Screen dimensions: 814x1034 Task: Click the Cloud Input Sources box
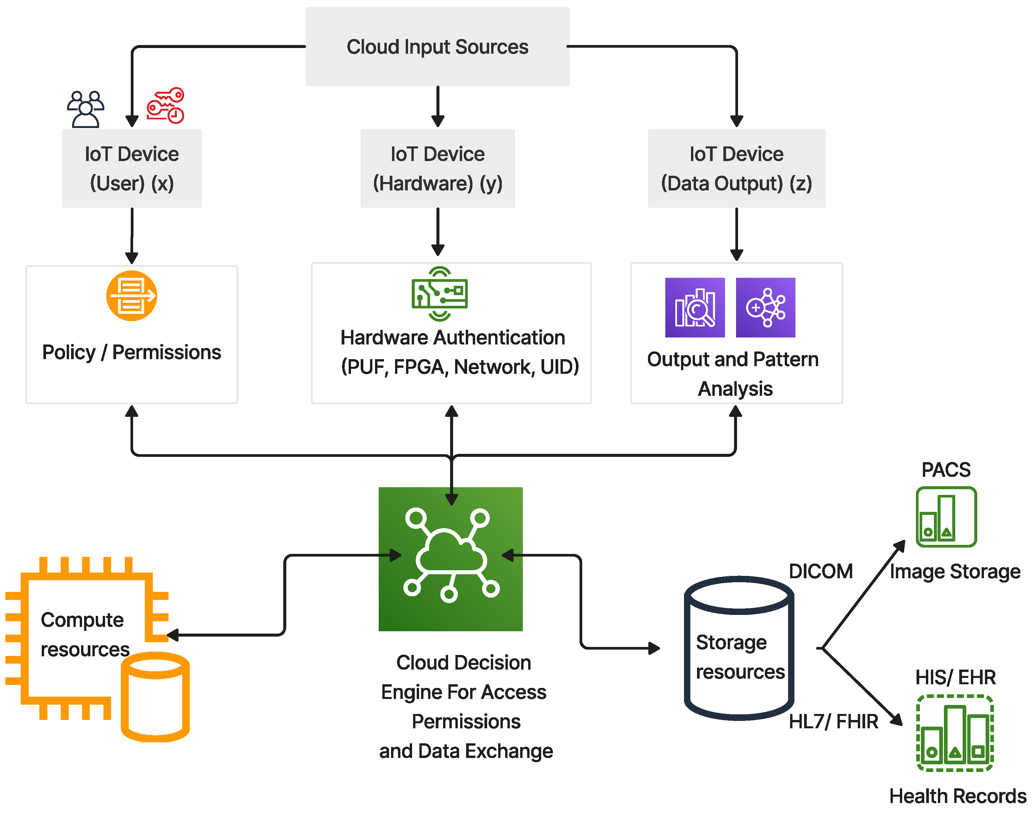point(437,47)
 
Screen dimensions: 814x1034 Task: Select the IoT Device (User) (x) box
point(131,168)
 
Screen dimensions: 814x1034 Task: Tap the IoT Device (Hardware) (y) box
point(437,168)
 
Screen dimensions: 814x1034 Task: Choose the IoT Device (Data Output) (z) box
point(736,168)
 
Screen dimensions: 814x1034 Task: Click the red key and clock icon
point(165,106)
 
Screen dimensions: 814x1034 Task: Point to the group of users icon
point(85,109)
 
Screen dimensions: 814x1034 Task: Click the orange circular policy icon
point(131,295)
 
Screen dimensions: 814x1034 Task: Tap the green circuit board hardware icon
point(439,293)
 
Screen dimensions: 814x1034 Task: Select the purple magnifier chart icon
point(695,307)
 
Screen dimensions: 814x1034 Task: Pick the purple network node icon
point(765,307)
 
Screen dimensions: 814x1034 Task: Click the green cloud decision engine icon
point(450,559)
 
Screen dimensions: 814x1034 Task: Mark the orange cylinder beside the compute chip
point(155,696)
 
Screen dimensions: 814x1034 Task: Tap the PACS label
point(946,470)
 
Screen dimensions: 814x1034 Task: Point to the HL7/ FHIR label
point(833,722)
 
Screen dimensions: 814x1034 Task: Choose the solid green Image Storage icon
point(946,517)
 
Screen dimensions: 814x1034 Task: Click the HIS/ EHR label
point(955,677)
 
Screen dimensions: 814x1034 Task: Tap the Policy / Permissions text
point(131,352)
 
